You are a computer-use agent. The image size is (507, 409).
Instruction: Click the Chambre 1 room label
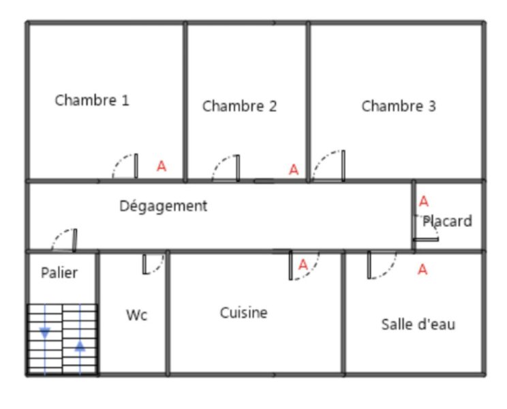(92, 100)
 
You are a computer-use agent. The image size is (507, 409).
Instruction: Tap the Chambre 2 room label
(240, 106)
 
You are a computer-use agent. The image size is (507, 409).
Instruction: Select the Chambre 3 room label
(399, 106)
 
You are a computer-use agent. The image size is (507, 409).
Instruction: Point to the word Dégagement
(164, 206)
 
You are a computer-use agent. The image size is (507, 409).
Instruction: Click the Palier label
(59, 273)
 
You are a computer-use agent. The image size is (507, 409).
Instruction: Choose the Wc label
(137, 315)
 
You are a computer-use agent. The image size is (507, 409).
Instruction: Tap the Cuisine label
(244, 313)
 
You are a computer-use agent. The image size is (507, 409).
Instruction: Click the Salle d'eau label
(418, 324)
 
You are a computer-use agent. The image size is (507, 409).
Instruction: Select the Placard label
(448, 221)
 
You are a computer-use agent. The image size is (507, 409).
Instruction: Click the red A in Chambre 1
(162, 166)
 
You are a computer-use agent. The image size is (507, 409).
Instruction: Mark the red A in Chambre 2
(294, 170)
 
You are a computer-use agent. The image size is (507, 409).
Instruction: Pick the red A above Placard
(424, 201)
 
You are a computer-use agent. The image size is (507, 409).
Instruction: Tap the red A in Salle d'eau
(422, 269)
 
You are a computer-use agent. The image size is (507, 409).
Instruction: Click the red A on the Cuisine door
(303, 264)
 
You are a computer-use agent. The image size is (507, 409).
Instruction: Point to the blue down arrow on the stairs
(45, 333)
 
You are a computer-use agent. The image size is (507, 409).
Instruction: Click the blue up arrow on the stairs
(80, 346)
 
